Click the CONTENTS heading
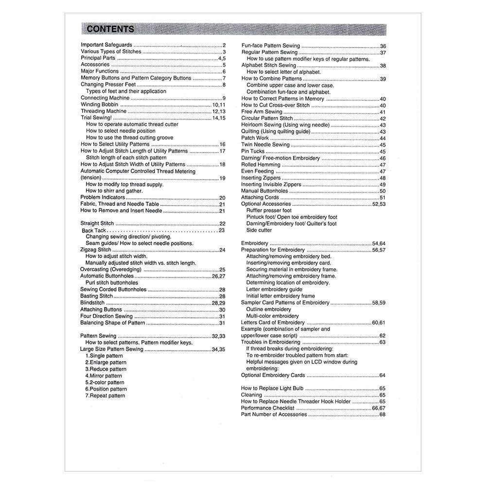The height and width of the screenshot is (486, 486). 110,29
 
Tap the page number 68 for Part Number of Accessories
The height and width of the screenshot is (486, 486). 382,415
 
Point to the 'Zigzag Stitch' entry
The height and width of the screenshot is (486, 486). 96,250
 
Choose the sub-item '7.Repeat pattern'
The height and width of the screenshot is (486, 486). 105,396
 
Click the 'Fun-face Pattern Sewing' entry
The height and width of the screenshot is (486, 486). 271,46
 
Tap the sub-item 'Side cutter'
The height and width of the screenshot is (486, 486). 259,230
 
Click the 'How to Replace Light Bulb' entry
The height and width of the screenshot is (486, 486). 272,388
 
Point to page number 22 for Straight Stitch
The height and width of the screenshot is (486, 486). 222,224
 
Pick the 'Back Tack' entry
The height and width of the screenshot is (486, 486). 94,230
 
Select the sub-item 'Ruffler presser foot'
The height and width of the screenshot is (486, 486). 269,210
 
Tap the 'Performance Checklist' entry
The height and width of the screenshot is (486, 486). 268,408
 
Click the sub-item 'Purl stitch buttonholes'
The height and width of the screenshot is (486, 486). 112,282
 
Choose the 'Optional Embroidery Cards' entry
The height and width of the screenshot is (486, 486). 273,375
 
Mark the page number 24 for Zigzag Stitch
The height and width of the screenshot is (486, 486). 222,250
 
